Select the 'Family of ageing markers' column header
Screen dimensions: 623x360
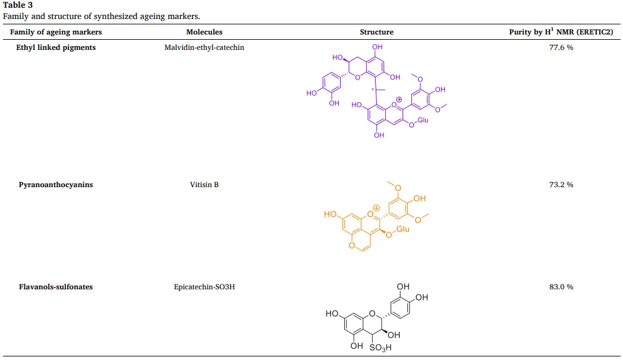56,32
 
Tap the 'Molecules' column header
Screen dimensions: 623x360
204,32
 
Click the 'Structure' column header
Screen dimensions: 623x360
376,32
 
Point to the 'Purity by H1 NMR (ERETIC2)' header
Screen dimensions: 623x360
561,32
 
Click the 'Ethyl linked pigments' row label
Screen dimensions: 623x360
56,48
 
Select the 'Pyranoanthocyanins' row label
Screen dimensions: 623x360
56,185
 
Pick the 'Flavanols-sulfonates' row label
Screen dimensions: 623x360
56,287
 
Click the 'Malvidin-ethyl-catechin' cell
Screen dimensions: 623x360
204,48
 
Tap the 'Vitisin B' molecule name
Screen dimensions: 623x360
204,185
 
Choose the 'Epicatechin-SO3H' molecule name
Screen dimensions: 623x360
204,287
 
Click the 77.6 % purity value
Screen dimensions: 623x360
561,48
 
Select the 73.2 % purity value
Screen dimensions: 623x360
561,185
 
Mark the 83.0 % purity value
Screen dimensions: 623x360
561,287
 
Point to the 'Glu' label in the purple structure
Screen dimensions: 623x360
422,120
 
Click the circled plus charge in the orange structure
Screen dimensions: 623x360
376,207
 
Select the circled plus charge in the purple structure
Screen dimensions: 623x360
399,99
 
